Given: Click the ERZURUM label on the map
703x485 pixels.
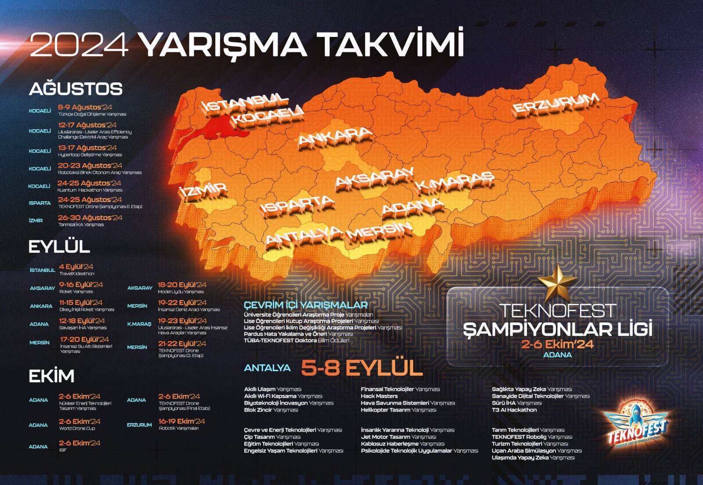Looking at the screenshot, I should (555, 105).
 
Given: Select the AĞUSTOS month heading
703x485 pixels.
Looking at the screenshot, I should (76, 89).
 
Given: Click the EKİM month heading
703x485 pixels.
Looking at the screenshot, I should (51, 376).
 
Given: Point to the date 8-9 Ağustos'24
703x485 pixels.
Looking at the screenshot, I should (85, 107).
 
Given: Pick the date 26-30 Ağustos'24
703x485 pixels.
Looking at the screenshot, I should (90, 217).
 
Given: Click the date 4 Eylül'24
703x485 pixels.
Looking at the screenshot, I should (76, 267).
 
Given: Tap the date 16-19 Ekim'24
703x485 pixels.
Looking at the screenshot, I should (181, 421).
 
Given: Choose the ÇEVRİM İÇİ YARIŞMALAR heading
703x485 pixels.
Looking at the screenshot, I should (306, 305).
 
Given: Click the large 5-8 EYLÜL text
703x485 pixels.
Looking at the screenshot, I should (362, 368).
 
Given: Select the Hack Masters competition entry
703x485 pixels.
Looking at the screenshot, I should (379, 396).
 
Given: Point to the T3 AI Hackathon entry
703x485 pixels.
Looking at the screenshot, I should (514, 410).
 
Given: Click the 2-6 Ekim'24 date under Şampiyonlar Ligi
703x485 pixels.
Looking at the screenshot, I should (557, 344).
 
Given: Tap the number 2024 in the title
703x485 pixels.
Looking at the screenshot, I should (80, 45).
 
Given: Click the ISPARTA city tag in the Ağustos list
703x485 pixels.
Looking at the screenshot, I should (40, 203).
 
